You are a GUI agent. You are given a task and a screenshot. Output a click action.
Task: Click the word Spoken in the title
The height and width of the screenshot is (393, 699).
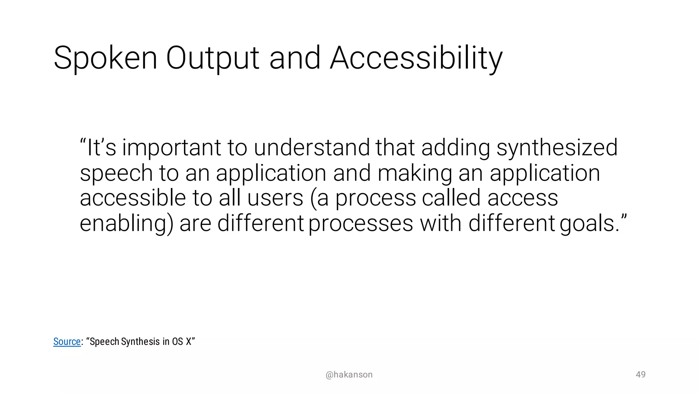tap(105, 59)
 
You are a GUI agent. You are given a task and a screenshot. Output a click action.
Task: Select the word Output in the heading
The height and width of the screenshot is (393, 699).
tap(213, 59)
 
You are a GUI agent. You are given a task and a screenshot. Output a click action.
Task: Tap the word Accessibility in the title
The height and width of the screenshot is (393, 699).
tap(416, 59)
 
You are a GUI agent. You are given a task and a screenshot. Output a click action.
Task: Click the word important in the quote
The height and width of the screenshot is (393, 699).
tap(172, 148)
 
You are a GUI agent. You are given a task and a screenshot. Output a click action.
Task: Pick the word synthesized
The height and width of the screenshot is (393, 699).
tap(557, 148)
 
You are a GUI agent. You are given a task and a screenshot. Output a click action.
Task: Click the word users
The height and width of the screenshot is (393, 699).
tap(275, 199)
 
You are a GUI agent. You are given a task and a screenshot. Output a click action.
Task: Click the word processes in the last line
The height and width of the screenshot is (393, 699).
tap(361, 224)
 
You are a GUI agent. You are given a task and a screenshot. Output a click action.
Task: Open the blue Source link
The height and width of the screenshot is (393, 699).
tap(67, 341)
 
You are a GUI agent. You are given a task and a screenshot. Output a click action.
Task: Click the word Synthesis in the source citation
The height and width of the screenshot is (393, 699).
tap(140, 342)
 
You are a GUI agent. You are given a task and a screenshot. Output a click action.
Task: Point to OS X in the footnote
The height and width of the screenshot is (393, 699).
tap(182, 341)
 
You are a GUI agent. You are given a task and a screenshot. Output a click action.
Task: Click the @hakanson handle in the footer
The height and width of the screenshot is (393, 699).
tap(349, 375)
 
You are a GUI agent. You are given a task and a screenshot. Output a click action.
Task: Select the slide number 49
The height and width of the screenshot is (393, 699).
tap(640, 374)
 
